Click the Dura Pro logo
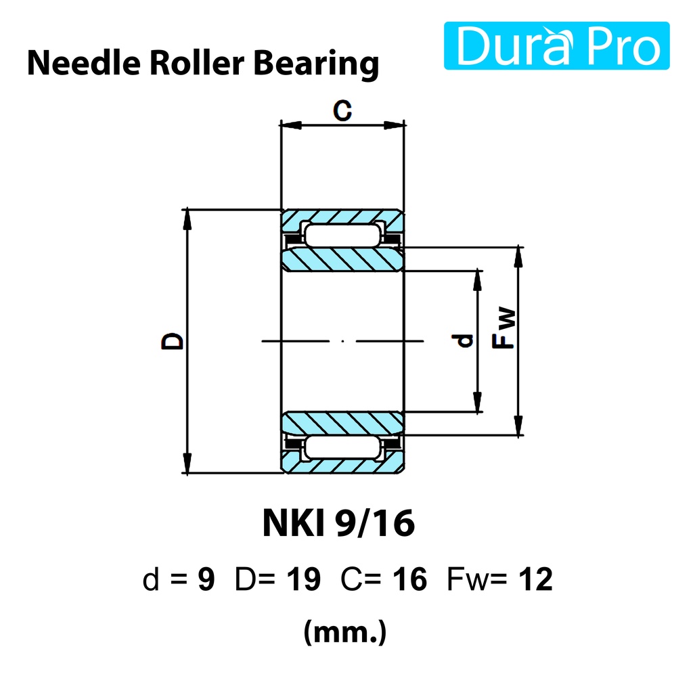coord(556,45)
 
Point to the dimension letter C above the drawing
coord(342,110)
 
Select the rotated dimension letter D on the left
coord(173,341)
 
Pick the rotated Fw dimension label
coord(504,328)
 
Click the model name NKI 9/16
coord(338,523)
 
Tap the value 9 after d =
coord(206,579)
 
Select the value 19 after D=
coord(304,579)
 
